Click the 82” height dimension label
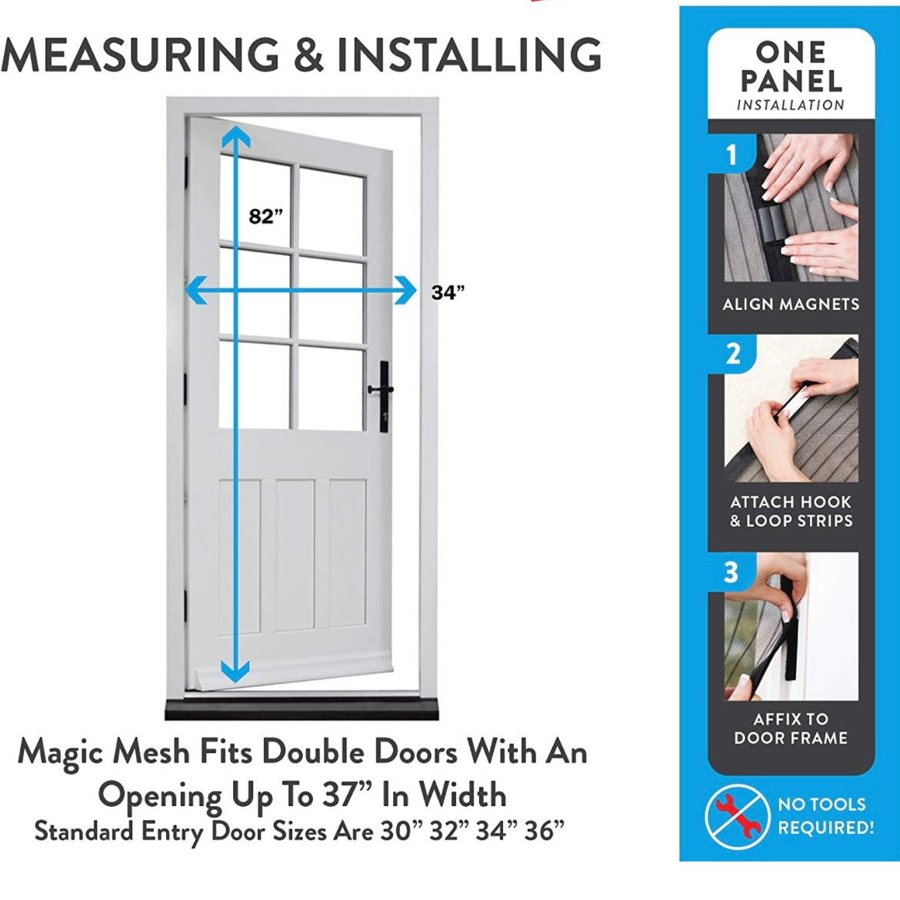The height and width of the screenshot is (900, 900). pos(265,216)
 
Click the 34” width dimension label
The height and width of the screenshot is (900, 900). pos(448,292)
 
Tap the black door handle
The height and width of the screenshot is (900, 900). pos(382,397)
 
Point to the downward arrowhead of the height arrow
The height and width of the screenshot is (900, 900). pos(235,671)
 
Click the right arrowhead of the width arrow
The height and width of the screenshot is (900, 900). pos(405,290)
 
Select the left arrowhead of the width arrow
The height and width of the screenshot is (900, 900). pos(195,290)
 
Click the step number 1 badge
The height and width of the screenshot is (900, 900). pos(732,155)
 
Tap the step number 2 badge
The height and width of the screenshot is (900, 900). pos(732,354)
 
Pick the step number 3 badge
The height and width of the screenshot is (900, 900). pos(732,572)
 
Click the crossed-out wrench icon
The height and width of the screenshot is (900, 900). pos(737,816)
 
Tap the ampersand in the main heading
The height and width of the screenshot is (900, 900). pos(308,55)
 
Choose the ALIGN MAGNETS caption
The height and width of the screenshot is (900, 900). pos(791,304)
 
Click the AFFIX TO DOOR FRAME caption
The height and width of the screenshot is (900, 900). pos(791,728)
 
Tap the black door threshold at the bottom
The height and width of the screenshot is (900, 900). pos(302,709)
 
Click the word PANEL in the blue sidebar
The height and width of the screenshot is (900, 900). pos(791,82)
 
